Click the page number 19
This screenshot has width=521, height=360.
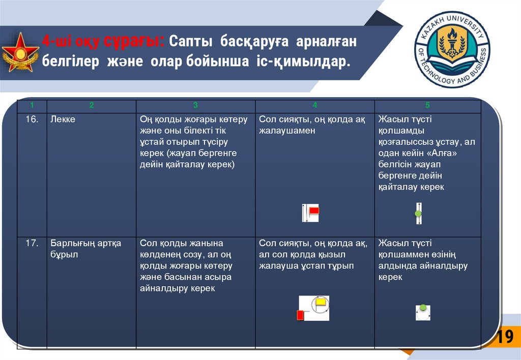coord(505,337)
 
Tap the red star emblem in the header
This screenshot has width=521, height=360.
coord(21,52)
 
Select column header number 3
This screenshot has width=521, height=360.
coord(195,106)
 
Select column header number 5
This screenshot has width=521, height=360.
coord(427,106)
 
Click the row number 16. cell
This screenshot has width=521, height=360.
coord(32,119)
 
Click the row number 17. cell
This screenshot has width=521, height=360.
coord(32,244)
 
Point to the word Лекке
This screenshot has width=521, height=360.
coord(63,119)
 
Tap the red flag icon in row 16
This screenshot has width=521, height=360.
coord(313,210)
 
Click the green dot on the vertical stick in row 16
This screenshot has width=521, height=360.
coord(418,214)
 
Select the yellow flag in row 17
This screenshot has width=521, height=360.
coord(321,303)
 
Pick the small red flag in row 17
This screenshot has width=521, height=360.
coord(300,315)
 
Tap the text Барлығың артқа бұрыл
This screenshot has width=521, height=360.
coord(85,249)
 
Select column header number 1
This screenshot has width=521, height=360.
coord(32,106)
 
